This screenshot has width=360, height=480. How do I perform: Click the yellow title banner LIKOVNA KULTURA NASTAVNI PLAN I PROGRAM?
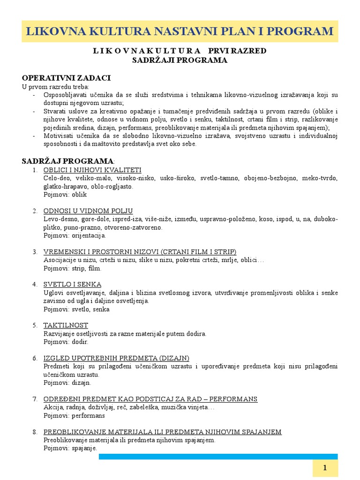[180, 31]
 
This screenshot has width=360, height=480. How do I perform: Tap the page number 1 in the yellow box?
[324, 468]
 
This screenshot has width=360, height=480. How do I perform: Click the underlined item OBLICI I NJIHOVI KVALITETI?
[92, 170]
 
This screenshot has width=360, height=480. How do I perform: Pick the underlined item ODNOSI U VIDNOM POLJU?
[88, 210]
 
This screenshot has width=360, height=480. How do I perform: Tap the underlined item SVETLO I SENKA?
[72, 285]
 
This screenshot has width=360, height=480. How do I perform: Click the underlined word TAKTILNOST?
[66, 325]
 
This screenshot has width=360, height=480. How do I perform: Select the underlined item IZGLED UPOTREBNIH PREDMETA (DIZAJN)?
[116, 358]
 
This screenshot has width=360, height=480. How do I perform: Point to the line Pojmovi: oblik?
[65, 194]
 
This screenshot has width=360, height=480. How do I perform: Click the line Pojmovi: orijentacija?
[75, 235]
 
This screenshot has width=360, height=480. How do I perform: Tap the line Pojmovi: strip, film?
[72, 269]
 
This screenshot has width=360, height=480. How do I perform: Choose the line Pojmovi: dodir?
[66, 342]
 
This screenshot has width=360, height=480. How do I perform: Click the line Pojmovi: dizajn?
[67, 383]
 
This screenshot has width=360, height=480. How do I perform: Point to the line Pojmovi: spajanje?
[70, 448]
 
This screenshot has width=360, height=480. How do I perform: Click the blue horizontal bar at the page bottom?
[218, 456]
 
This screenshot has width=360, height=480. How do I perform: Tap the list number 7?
[35, 399]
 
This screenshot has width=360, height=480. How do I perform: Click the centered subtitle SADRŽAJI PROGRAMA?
[180, 60]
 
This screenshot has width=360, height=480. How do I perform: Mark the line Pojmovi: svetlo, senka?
[76, 309]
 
